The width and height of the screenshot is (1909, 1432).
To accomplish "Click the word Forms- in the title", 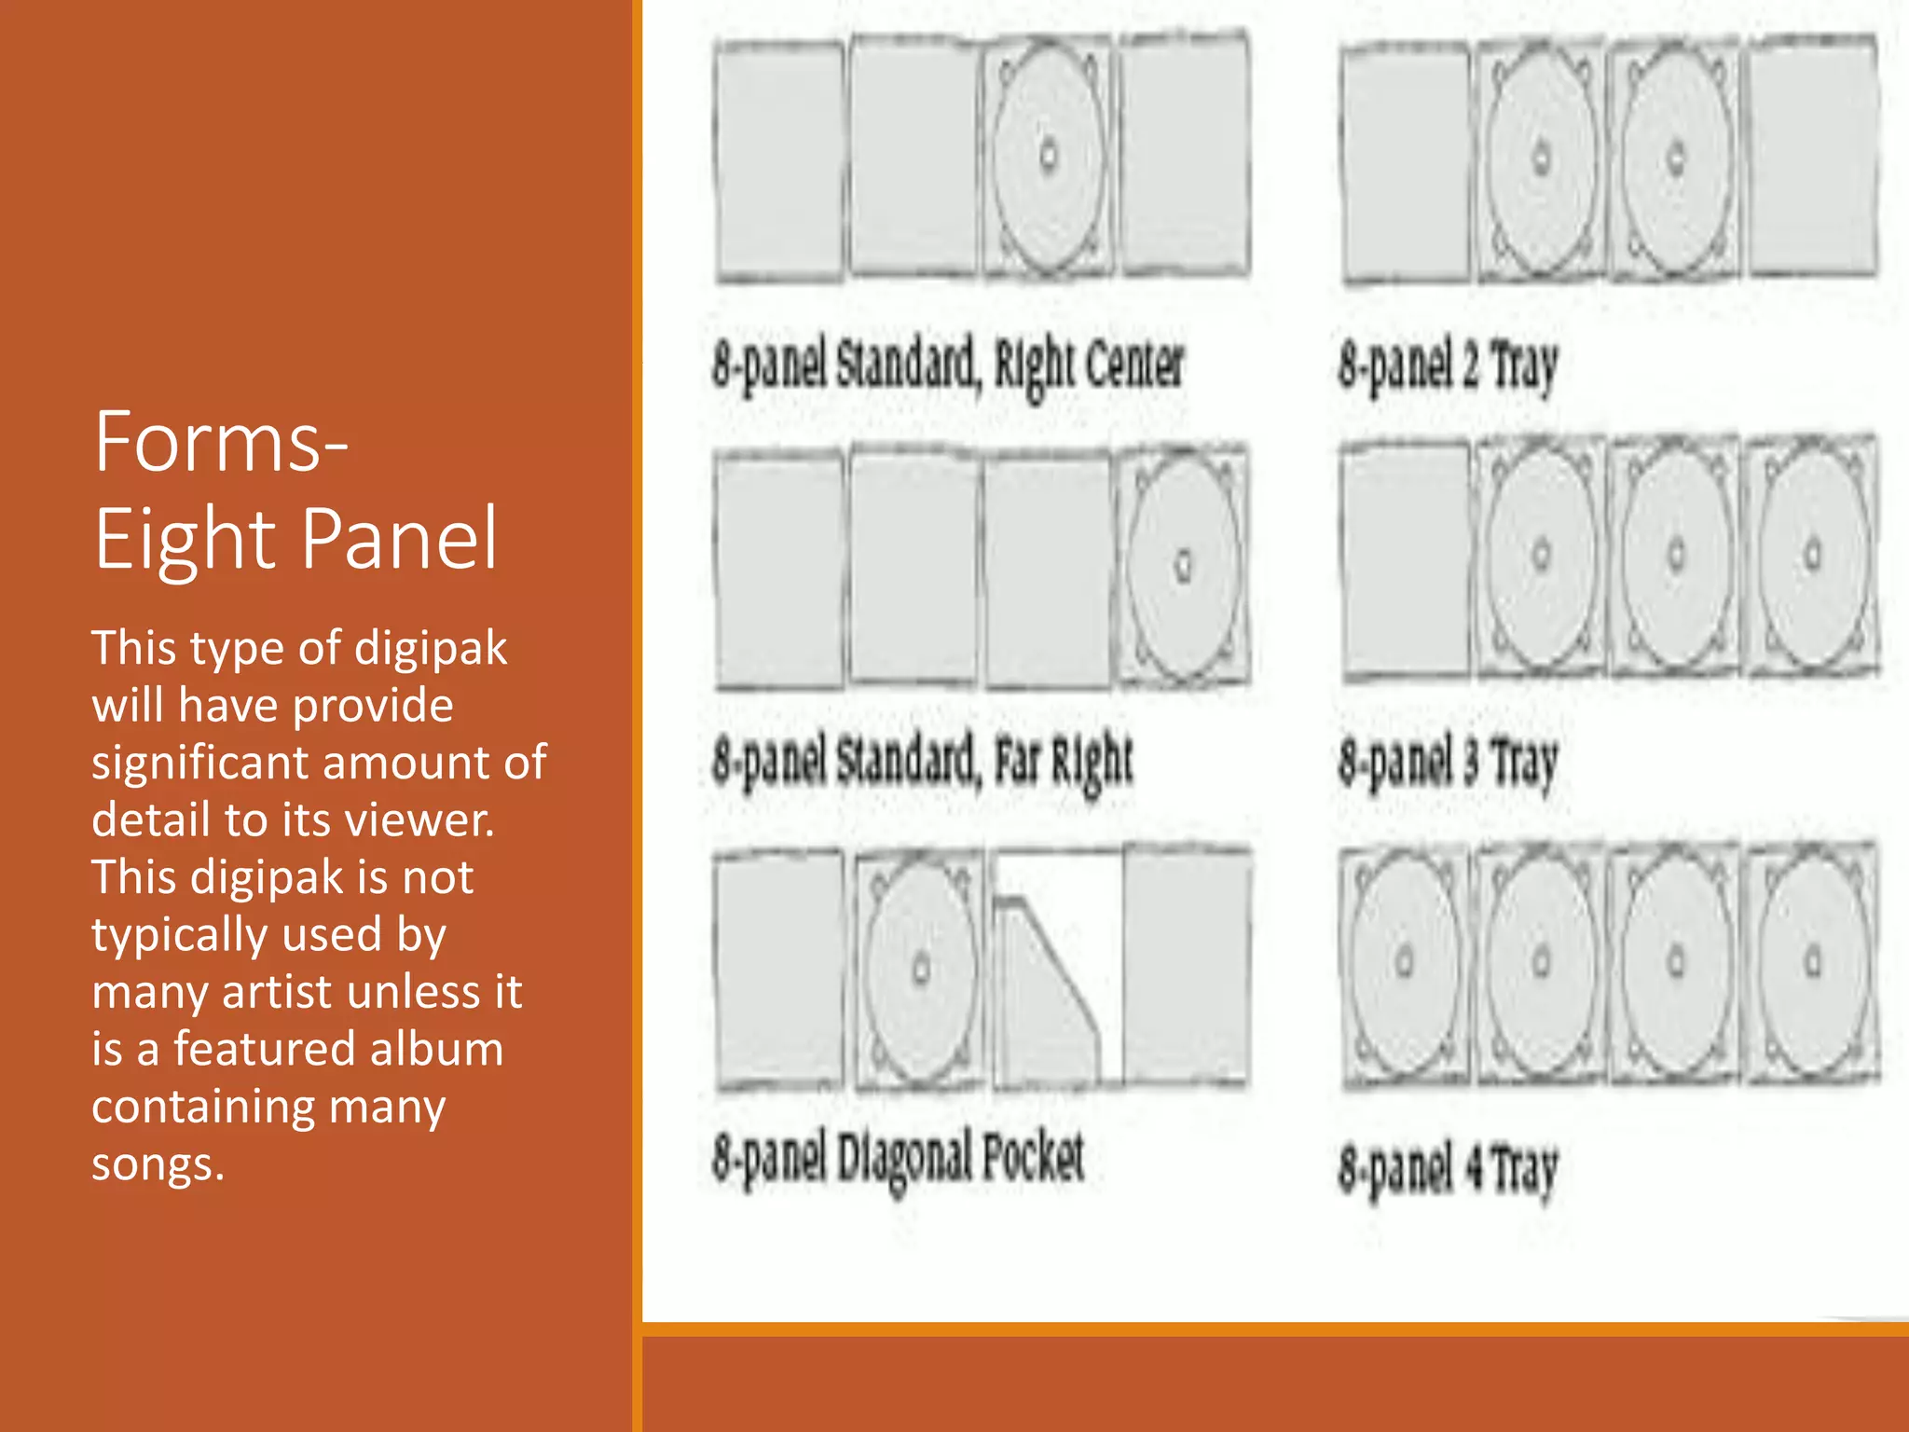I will [x=221, y=443].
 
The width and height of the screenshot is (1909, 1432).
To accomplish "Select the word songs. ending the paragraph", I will [x=158, y=1163].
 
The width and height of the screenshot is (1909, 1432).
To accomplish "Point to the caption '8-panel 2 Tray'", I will [x=1448, y=365].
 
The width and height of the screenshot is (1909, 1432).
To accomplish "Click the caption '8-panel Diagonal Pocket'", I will [x=898, y=1159].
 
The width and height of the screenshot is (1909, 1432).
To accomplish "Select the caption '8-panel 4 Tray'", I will [x=1448, y=1169].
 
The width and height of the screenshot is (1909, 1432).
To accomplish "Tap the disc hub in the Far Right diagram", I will [x=1184, y=564].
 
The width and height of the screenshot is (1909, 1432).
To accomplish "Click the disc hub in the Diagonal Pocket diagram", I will [x=921, y=968].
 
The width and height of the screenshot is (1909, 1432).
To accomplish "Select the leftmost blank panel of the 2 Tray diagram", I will [x=1405, y=158].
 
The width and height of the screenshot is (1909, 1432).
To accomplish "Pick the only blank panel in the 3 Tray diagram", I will [x=1405, y=559].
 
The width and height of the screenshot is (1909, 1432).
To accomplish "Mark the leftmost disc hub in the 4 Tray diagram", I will [x=1405, y=960].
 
